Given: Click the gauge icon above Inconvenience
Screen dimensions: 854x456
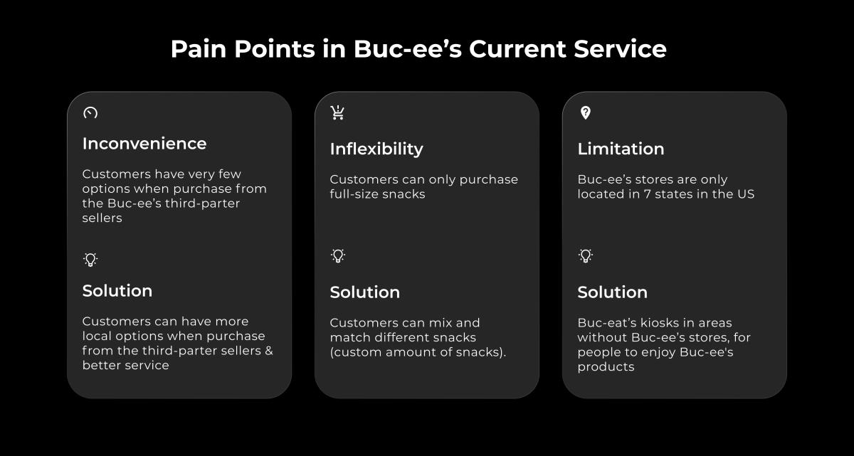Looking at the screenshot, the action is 90,113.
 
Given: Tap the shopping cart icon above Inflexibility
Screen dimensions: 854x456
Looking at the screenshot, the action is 338,113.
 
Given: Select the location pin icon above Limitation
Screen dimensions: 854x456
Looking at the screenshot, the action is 585,113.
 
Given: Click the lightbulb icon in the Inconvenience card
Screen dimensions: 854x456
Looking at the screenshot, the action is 90,260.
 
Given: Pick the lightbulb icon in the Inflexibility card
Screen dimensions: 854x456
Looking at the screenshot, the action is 338,255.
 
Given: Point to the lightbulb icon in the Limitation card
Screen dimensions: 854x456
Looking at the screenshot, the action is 586,255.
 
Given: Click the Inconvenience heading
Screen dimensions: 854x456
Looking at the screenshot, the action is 144,144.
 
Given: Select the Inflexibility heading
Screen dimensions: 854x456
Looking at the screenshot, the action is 376,149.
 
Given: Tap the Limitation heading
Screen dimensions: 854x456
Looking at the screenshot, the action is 621,149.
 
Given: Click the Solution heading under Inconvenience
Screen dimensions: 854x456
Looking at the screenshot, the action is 117,291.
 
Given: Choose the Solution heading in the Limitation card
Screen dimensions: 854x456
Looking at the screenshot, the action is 613,292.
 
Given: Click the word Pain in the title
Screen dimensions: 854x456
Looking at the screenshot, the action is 199,49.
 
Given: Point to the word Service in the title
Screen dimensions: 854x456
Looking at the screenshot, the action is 621,49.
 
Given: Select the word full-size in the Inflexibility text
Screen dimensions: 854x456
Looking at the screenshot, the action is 354,194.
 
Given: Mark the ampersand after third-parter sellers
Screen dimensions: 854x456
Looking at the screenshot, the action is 269,351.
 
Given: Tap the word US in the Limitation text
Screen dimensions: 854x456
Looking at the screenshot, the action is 746,194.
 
